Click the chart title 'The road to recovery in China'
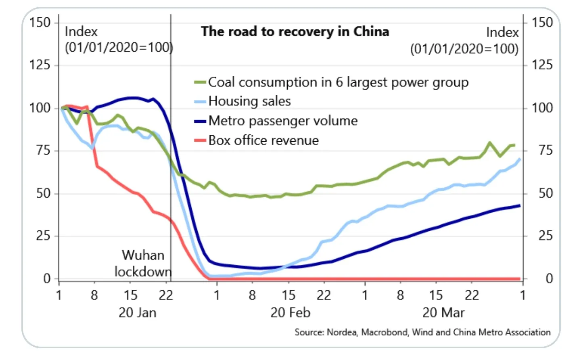pyautogui.click(x=295, y=31)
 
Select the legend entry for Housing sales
pyautogui.click(x=249, y=101)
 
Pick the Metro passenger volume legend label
pyautogui.click(x=283, y=121)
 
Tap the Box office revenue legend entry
pyautogui.click(x=263, y=140)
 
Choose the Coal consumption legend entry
pyautogui.click(x=338, y=82)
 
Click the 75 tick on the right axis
pyautogui.click(x=545, y=151)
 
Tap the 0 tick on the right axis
pyautogui.click(x=549, y=278)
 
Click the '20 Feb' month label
pyautogui.click(x=290, y=313)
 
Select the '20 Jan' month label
pyautogui.click(x=137, y=313)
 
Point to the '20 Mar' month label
pyautogui.click(x=443, y=313)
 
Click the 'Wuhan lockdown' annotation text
pyautogui.click(x=143, y=264)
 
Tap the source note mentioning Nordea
pyautogui.click(x=422, y=332)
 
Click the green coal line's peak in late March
pyautogui.click(x=489, y=142)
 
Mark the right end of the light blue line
pyautogui.click(x=520, y=159)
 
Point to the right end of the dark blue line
pyautogui.click(x=520, y=206)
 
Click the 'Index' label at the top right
pyautogui.click(x=502, y=32)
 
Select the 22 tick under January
pyautogui.click(x=166, y=295)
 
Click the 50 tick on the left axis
pyautogui.click(x=43, y=193)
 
